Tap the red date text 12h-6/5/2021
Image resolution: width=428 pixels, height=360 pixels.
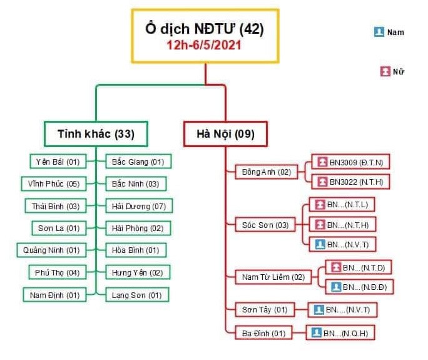click(205, 46)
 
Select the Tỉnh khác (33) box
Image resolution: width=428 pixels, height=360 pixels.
click(96, 134)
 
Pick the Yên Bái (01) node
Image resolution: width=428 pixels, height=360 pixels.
click(57, 162)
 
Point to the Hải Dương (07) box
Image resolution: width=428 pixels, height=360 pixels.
click(139, 205)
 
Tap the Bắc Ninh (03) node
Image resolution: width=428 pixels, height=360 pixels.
click(136, 183)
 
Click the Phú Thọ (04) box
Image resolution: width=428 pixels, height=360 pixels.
click(55, 272)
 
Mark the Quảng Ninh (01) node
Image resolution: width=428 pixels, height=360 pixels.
click(51, 250)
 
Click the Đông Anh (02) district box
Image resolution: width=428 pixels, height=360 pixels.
click(267, 172)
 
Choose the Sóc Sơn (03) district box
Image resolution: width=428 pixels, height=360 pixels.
click(265, 225)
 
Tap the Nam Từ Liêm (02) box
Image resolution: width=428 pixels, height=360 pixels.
click(273, 276)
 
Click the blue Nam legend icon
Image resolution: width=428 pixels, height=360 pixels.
click(379, 32)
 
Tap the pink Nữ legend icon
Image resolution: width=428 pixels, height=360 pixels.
click(385, 71)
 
